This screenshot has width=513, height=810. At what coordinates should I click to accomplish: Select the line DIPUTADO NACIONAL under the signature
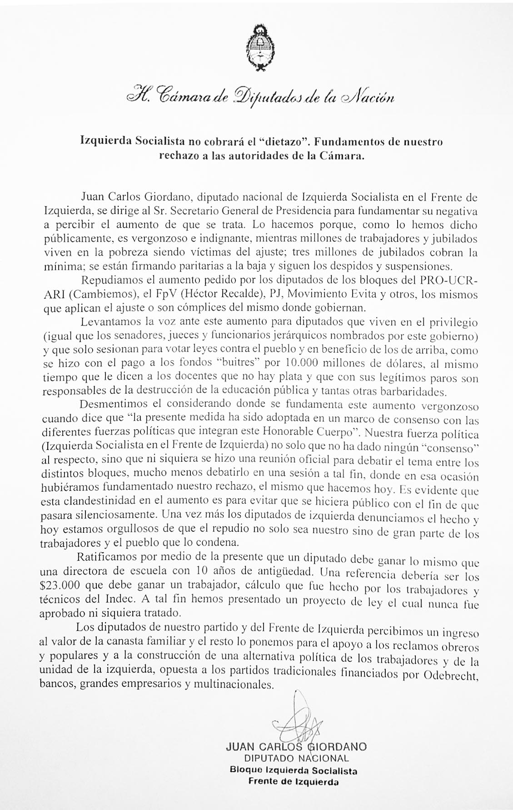(x=296, y=758)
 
